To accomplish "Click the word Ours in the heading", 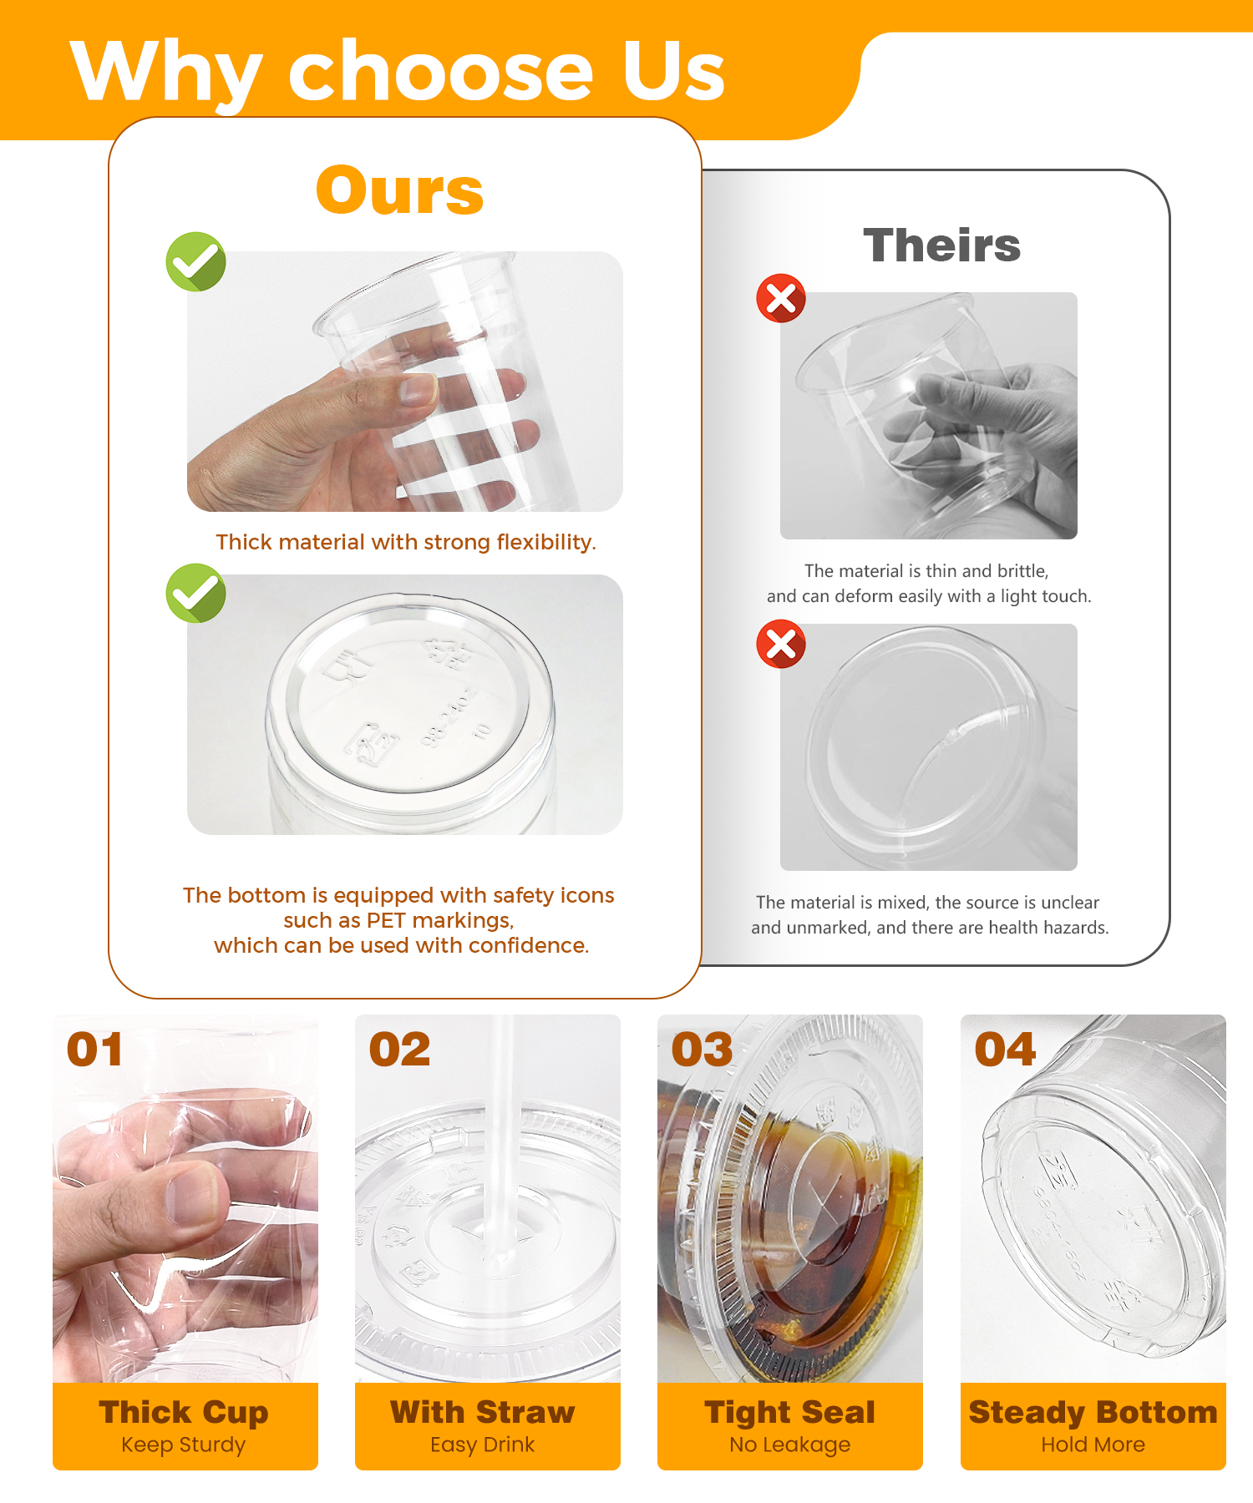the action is tap(400, 190).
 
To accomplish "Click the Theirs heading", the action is tap(941, 245).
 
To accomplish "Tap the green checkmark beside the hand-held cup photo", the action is tap(196, 261).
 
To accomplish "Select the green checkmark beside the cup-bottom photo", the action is tap(196, 593).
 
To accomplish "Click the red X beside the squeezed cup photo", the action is tap(781, 298).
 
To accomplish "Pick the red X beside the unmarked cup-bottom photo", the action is tap(781, 644).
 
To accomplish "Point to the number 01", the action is tap(94, 1050).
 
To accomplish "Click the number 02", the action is tap(399, 1050).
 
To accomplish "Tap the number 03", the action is tap(702, 1050).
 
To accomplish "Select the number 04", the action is tap(1005, 1050).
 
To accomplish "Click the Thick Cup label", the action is tap(184, 1413).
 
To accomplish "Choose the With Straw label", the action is tap(483, 1412).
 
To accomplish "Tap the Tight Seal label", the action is tap(789, 1413).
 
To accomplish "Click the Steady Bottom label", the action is tap(1093, 1413).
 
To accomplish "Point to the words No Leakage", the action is tap(789, 1445).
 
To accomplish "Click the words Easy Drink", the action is tap(482, 1445).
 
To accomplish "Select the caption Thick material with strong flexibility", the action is tap(406, 542).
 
